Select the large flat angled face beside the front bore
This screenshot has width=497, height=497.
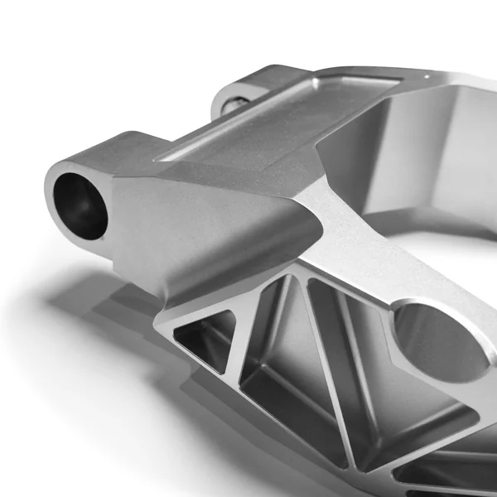207,224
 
